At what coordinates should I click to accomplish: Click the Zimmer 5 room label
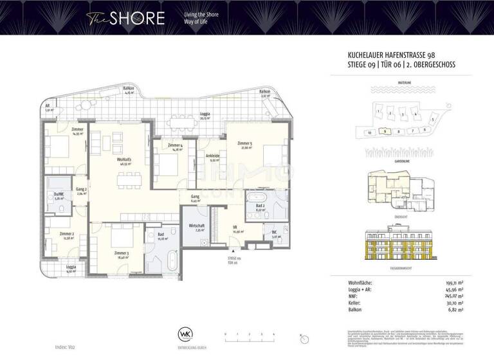coord(245,144)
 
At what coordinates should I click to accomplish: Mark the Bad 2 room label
coord(261,206)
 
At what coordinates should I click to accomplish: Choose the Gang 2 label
coord(81,190)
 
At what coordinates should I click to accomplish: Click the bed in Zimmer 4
coord(169,166)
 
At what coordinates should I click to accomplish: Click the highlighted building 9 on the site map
coord(384,130)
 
